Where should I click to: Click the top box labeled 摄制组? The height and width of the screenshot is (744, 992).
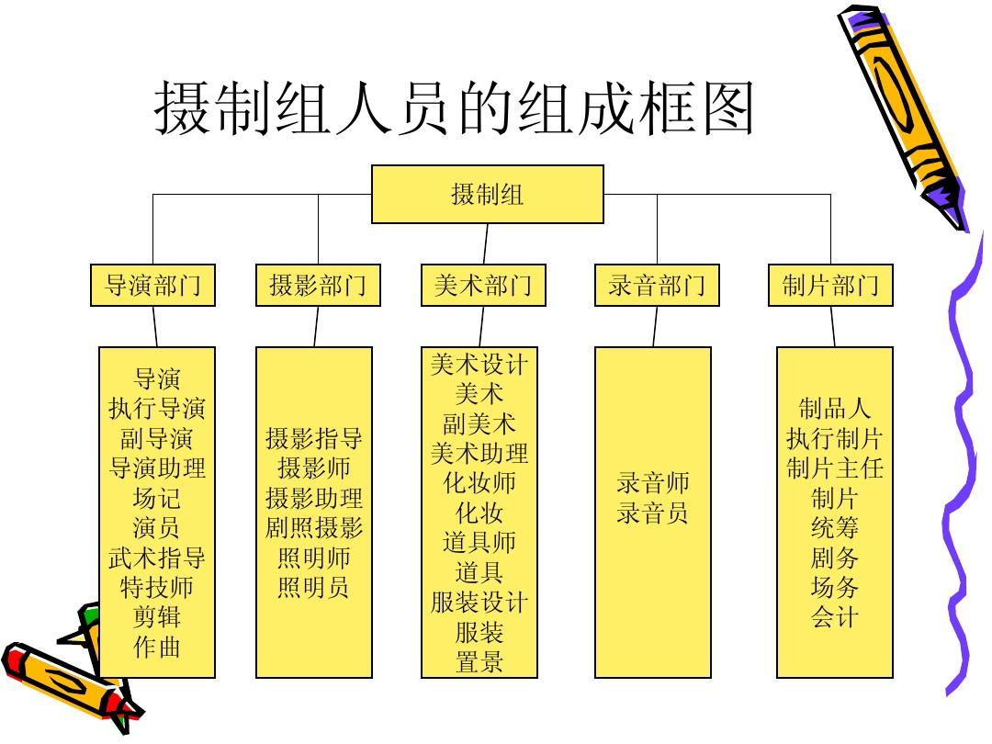click(x=487, y=194)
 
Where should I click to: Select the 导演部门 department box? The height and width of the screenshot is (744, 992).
click(x=152, y=286)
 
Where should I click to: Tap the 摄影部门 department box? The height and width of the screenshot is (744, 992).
click(x=318, y=286)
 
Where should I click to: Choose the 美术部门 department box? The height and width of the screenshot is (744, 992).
click(x=483, y=286)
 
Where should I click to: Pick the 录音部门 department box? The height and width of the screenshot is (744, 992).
click(x=657, y=286)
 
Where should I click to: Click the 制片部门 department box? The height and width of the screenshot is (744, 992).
click(x=830, y=286)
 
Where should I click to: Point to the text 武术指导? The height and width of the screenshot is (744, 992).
click(x=157, y=558)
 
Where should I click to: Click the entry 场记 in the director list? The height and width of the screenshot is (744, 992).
click(x=157, y=499)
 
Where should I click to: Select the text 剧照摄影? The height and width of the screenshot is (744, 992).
click(x=314, y=527)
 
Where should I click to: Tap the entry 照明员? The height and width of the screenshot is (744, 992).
click(x=314, y=587)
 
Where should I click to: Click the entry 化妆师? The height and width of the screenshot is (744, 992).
click(x=479, y=483)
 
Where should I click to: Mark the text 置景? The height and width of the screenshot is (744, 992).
click(x=479, y=661)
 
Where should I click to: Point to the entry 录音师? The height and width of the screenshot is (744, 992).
click(x=653, y=483)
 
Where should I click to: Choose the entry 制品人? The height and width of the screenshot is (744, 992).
click(x=834, y=409)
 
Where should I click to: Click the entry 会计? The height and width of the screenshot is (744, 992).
click(x=834, y=617)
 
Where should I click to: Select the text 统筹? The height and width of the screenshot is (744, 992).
click(x=834, y=527)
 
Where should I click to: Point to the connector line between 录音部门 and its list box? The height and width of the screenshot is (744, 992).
click(x=656, y=326)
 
